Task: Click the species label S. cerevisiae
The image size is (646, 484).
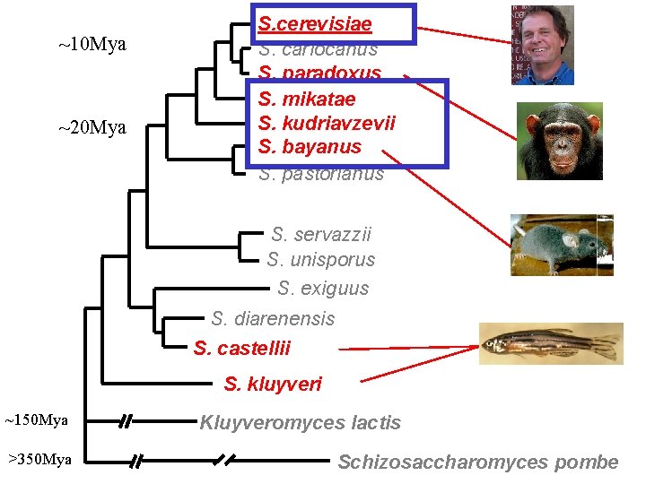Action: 315,23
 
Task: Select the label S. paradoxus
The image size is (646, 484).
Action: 319,73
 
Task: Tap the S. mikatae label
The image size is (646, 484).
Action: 307,99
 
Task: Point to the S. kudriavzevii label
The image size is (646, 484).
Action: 327,123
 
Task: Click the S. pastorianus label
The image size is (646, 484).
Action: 321,174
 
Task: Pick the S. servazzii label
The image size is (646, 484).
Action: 320,235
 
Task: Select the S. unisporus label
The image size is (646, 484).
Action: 320,260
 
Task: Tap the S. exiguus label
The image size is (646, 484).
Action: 323,289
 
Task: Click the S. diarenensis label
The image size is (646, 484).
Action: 273,318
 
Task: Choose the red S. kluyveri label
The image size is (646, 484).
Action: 273,385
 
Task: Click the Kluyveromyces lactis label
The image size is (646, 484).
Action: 300,422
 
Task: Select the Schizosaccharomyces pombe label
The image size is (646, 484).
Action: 478,462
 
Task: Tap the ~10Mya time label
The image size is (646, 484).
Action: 92,45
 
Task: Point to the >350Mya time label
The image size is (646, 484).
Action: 39,460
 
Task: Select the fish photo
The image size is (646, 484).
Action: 550,342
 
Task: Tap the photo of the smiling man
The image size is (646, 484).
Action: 542,44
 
